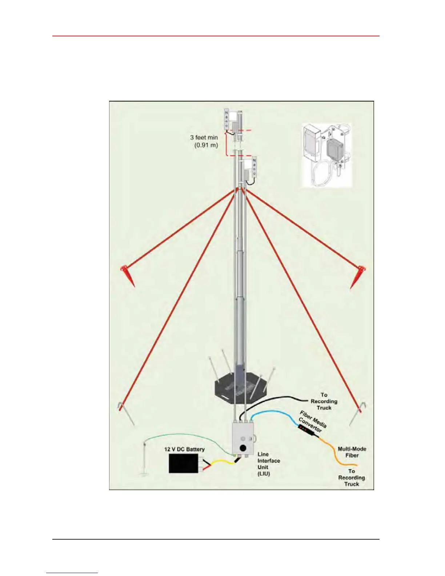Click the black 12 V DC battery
click(x=183, y=463)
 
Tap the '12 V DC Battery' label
click(x=184, y=449)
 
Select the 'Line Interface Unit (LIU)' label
click(x=268, y=464)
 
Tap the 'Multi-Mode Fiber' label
click(x=352, y=452)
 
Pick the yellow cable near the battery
click(x=222, y=463)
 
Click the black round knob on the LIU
click(x=243, y=448)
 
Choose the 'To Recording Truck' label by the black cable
click(x=324, y=401)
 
